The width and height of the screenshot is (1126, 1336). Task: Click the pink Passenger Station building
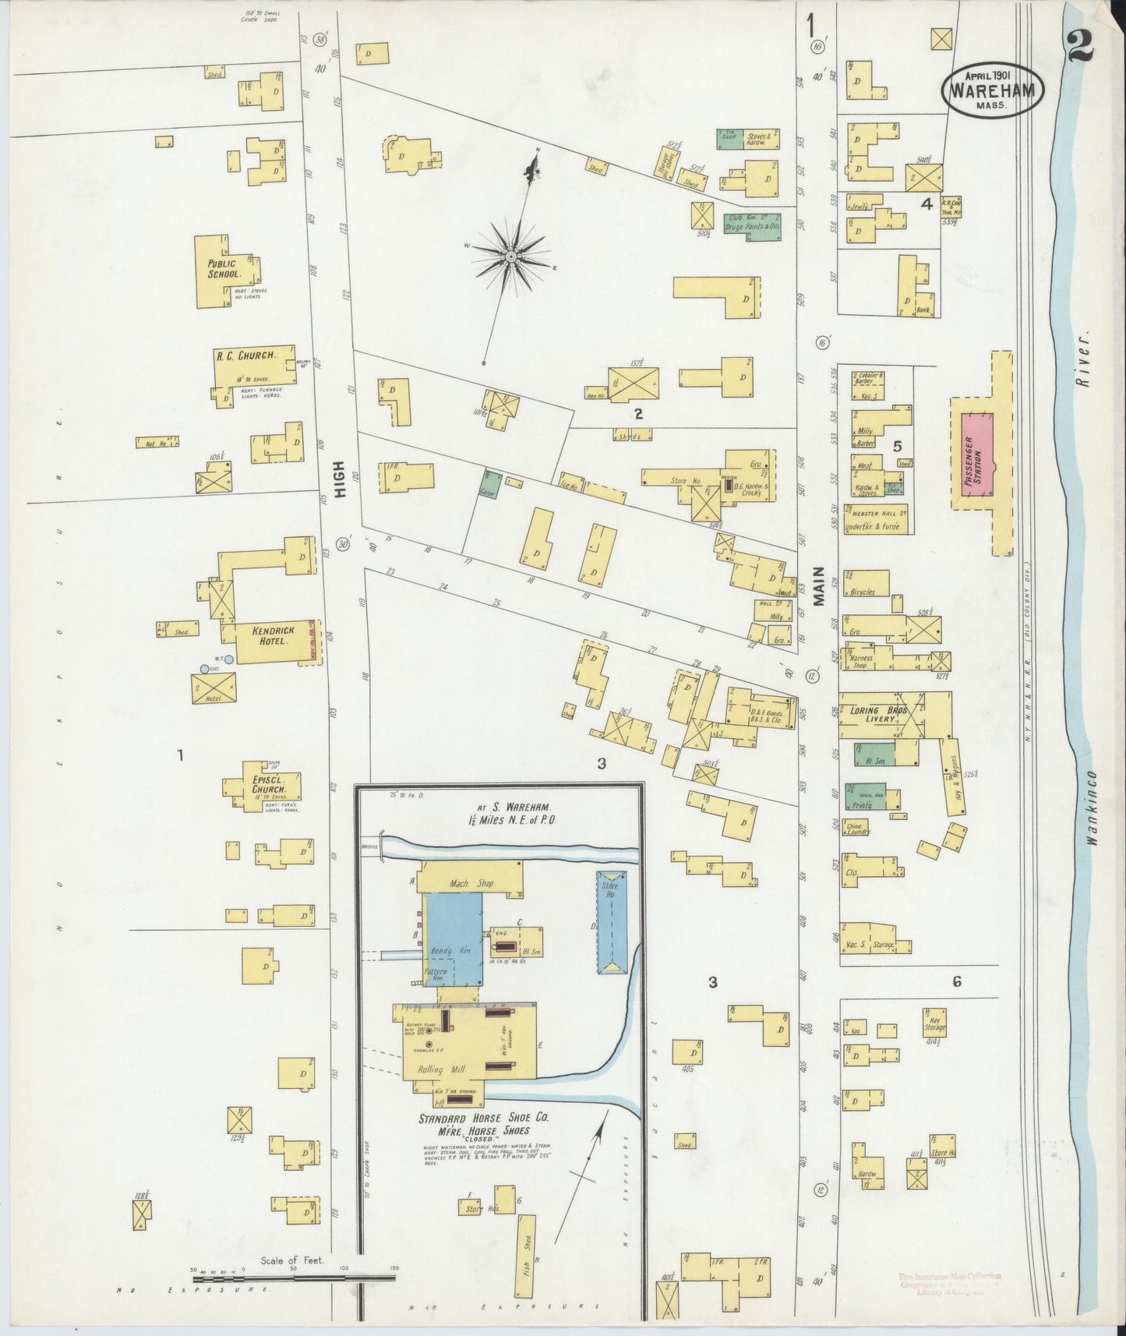coord(977,454)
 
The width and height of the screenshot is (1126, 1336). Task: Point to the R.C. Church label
coord(244,355)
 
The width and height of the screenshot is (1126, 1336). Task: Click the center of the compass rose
coord(510,256)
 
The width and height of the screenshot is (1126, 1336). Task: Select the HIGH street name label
coord(340,486)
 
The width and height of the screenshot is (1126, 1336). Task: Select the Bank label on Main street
coord(924,310)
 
